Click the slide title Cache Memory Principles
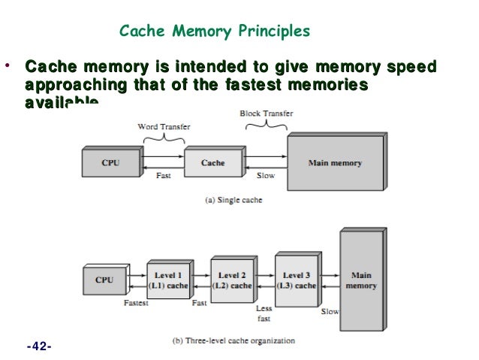pos(215,32)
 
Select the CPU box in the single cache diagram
pos(110,163)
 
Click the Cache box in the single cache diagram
pos(213,163)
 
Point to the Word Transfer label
pos(163,127)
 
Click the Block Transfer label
pos(266,113)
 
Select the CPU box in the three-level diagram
pos(104,280)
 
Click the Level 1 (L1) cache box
pos(167,280)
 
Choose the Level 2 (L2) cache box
pos(231,280)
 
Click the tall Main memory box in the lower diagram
pos(361,280)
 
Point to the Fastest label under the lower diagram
pos(136,304)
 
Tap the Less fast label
pos(264,313)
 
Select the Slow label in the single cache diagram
pos(266,176)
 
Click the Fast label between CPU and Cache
pos(163,176)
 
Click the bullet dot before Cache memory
pos(8,65)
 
